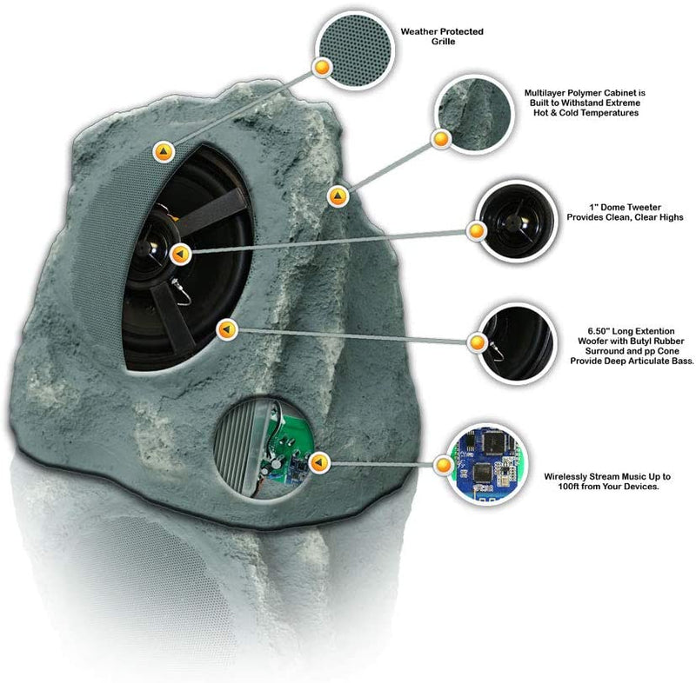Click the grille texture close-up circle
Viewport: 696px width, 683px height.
(x=355, y=50)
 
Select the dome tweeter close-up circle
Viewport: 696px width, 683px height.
(x=517, y=221)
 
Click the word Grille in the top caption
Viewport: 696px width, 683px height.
(x=443, y=42)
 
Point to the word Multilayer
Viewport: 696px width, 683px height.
(x=545, y=93)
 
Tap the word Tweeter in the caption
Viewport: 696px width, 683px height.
(x=644, y=208)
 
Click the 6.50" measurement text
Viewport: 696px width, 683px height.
(x=599, y=331)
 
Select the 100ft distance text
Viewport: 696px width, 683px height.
(x=570, y=487)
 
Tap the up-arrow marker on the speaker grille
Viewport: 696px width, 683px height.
(x=164, y=152)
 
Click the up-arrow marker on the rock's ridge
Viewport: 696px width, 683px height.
(x=338, y=196)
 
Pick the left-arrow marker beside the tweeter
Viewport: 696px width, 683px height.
(x=180, y=255)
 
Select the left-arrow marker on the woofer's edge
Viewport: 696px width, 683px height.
(x=227, y=329)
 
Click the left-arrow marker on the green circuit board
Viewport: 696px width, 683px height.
(x=318, y=463)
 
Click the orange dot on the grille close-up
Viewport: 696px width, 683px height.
(x=322, y=68)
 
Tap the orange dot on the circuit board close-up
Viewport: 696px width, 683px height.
(x=444, y=466)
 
